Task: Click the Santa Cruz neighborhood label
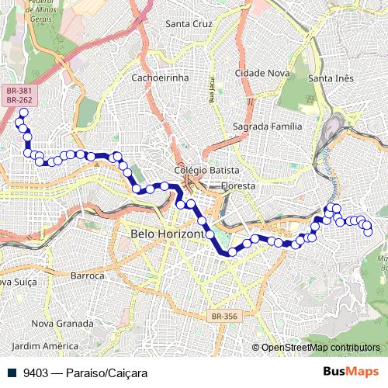click(189, 24)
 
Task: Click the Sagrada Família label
click(266, 126)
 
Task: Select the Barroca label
click(87, 275)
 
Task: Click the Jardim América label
click(46, 345)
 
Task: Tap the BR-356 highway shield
click(224, 317)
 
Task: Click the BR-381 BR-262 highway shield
click(19, 95)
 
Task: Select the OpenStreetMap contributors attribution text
click(320, 348)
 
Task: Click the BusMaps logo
click(351, 372)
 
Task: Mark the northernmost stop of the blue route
click(23, 113)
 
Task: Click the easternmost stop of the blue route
click(368, 230)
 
